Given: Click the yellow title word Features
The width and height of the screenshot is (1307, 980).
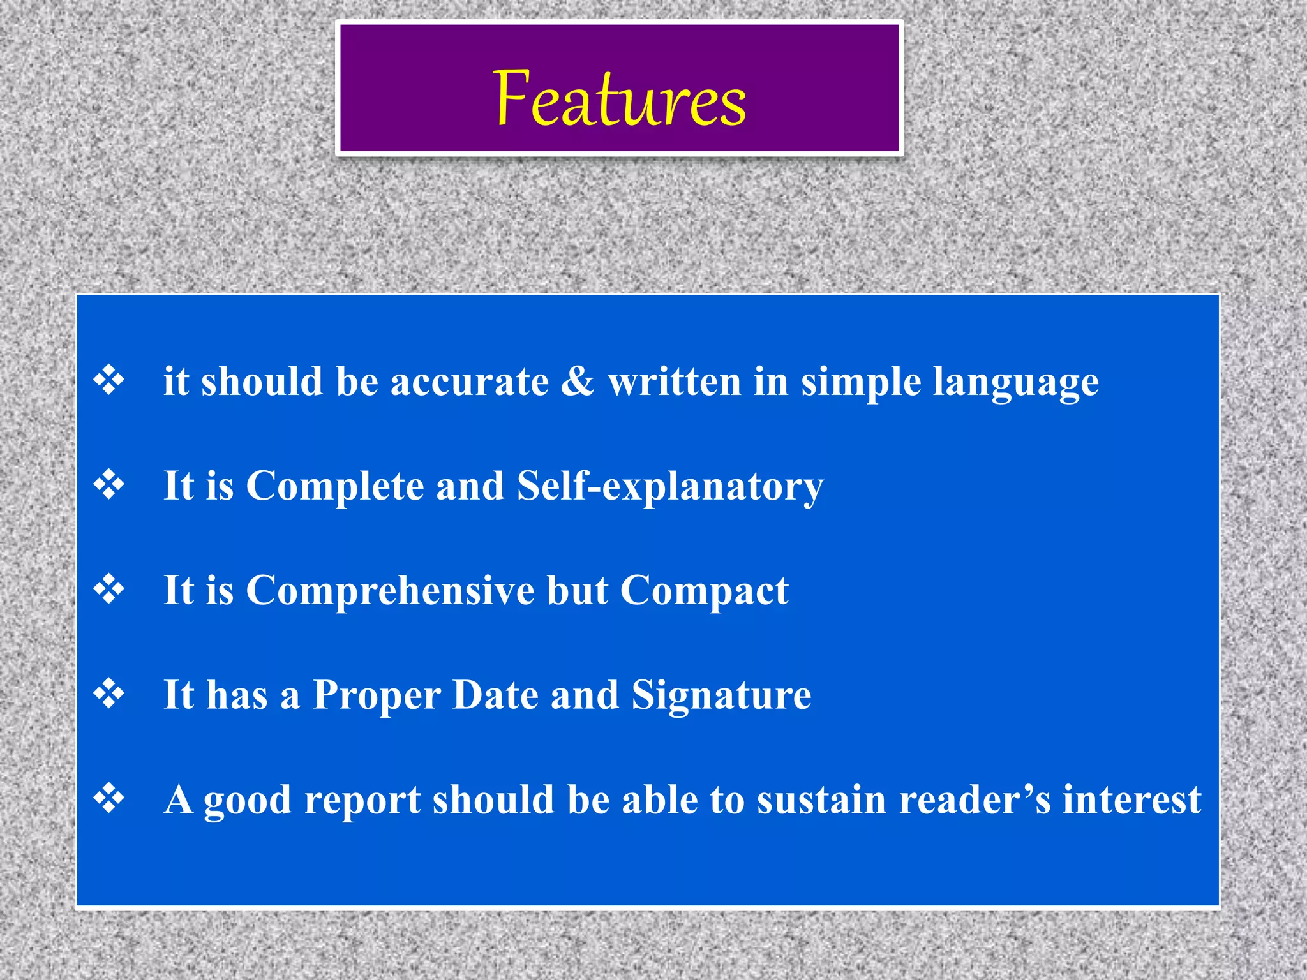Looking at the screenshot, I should tap(619, 99).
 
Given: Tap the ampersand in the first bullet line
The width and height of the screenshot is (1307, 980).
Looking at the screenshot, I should tap(578, 382).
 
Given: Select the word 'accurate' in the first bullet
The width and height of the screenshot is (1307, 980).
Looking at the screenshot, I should tap(469, 382).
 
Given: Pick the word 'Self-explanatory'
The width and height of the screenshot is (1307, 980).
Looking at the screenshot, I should tap(670, 487).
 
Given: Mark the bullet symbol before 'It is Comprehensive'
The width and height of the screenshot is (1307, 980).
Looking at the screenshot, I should tap(110, 590).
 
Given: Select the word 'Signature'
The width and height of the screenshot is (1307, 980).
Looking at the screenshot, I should tap(721, 695).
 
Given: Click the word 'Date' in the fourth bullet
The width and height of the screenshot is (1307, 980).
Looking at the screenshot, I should tap(495, 695).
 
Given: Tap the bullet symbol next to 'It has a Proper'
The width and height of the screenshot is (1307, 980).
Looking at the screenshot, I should tap(110, 694).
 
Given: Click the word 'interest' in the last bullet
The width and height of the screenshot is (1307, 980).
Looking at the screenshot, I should tap(1131, 800).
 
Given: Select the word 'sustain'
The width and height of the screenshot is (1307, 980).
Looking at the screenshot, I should tap(821, 800).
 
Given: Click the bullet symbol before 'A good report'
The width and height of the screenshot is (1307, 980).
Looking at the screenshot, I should tap(110, 799).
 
